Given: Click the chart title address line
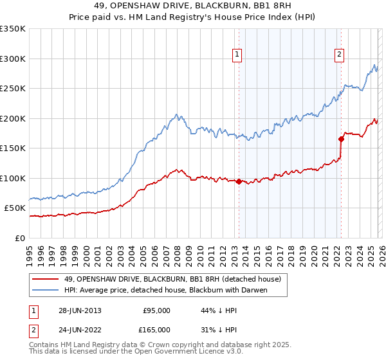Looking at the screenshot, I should pos(193,7).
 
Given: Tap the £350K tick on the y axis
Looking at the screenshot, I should pos(13,29).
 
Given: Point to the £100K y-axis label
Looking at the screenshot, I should pos(13,178).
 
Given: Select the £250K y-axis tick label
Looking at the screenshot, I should pos(13,89).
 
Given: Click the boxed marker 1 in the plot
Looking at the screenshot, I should pos(237,55).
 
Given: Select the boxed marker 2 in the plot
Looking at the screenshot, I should pos(339,55).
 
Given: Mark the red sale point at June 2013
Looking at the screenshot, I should pos(239,181).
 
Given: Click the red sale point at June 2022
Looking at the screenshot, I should pos(341,139).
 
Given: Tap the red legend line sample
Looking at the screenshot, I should pos(46,280).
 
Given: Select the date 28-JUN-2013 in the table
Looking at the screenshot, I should pos(80,310).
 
